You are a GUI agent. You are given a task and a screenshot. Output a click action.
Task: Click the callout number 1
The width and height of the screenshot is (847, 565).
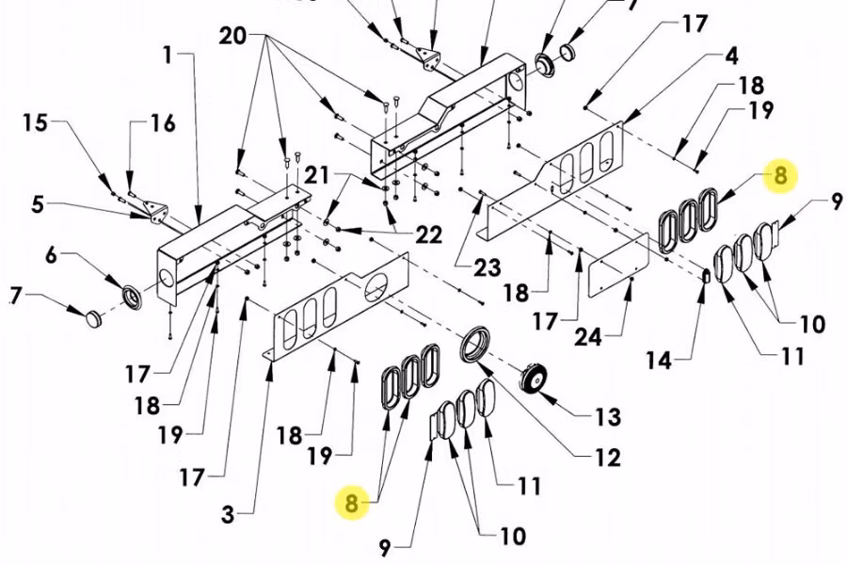(x=168, y=56)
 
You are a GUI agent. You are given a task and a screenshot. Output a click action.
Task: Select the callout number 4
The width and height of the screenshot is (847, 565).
(x=731, y=56)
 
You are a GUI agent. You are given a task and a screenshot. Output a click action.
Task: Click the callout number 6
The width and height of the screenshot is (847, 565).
(x=52, y=254)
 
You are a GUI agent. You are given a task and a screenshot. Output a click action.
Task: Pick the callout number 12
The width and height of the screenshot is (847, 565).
(x=608, y=458)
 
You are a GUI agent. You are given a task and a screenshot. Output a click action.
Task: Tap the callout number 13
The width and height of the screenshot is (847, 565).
(x=608, y=415)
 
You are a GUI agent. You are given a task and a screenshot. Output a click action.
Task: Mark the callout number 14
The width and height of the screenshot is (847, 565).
(x=660, y=360)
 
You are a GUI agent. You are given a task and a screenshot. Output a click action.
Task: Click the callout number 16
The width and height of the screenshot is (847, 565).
(x=162, y=123)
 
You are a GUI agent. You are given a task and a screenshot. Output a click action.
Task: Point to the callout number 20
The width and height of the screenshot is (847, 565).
(x=232, y=37)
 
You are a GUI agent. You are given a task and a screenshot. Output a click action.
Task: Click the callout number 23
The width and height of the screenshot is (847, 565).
(x=487, y=268)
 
